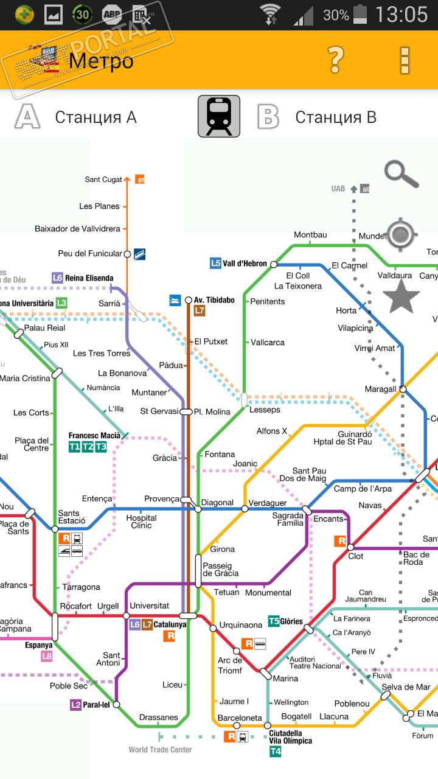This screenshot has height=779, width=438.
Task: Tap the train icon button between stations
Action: (219, 116)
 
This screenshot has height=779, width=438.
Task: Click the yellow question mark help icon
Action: (336, 60)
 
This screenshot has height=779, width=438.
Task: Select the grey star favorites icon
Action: (401, 298)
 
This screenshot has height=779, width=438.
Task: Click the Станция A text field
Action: (96, 117)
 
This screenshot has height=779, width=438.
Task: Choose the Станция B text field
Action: (336, 117)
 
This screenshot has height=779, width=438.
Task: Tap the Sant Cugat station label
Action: (103, 180)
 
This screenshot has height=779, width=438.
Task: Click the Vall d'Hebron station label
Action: (245, 264)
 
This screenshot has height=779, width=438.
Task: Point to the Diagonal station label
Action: (217, 503)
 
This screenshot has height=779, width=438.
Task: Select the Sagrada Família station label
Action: (288, 519)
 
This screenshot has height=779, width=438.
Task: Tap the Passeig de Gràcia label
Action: (220, 569)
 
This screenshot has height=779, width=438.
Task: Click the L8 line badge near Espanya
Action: (47, 656)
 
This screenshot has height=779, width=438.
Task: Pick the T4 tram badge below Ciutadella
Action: (275, 752)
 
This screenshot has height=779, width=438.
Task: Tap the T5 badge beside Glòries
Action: (274, 621)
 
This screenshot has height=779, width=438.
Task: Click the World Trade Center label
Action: (160, 750)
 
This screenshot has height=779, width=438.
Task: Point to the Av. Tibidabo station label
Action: (214, 300)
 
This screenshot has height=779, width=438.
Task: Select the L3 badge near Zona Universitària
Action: (61, 302)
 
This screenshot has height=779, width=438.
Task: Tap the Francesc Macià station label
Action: (94, 436)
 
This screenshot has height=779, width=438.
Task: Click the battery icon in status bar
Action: (361, 15)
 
